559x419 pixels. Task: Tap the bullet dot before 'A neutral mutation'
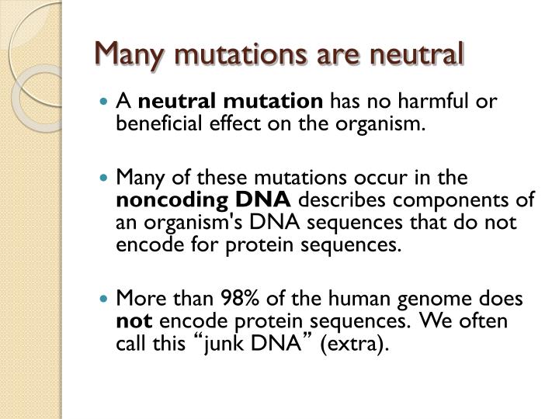(106, 102)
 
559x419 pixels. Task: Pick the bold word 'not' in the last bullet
(129, 320)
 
